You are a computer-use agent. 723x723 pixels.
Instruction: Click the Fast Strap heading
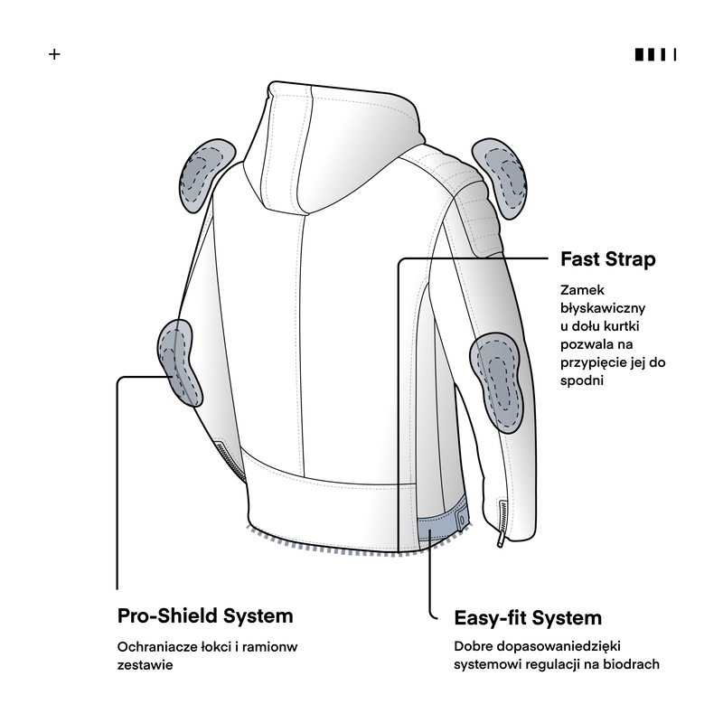(x=607, y=259)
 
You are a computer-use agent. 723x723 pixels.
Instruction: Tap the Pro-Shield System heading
(x=205, y=615)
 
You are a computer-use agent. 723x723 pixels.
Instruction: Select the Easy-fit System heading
(x=528, y=618)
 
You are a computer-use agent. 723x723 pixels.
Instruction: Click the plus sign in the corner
(x=54, y=54)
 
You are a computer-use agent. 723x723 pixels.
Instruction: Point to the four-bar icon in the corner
(x=656, y=54)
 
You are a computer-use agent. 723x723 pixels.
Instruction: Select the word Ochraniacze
(x=156, y=647)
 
